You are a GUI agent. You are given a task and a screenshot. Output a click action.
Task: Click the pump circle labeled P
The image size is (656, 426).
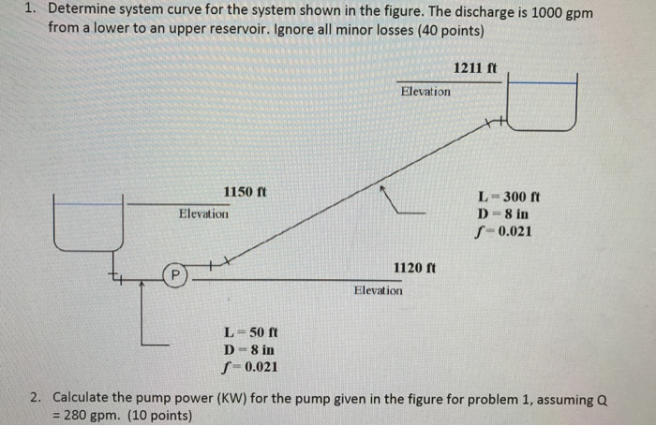(173, 275)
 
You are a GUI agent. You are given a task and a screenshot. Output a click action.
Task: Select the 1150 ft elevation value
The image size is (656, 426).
(245, 192)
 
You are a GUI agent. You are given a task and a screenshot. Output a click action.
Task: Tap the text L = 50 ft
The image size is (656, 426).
(249, 331)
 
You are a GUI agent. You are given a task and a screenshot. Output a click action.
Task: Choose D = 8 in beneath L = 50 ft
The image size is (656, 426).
(249, 349)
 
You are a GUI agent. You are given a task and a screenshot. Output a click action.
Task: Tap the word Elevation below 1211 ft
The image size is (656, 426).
(425, 92)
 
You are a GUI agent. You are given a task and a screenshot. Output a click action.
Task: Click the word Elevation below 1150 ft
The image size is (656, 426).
(203, 214)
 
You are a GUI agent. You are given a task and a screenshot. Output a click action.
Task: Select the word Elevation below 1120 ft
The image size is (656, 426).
(379, 291)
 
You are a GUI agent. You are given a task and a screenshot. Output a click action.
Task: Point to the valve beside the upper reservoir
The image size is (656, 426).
(494, 122)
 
